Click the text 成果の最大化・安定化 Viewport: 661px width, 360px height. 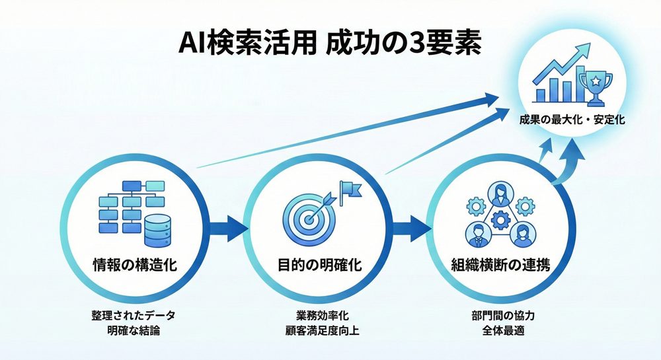[x=572, y=121]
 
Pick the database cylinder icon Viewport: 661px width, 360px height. [x=160, y=229]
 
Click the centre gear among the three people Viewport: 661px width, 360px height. [x=500, y=219]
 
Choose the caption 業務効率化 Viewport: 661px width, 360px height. [x=319, y=315]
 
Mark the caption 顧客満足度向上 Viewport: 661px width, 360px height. [x=319, y=330]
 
